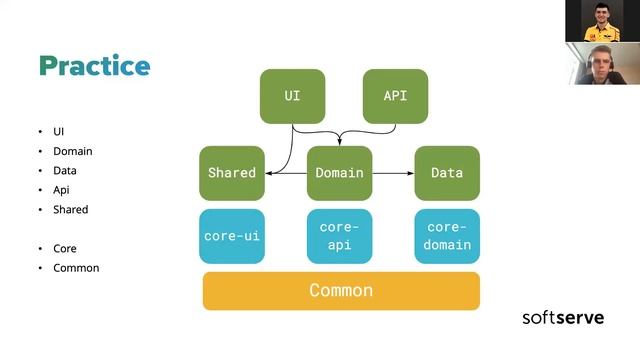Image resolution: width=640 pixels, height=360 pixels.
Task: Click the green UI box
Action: [292, 96]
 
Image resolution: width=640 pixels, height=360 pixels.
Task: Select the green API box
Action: [395, 96]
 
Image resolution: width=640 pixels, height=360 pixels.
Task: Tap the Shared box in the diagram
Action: [232, 173]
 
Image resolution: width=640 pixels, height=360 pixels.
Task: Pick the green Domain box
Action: [339, 173]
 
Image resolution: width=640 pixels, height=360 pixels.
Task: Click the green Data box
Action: [447, 173]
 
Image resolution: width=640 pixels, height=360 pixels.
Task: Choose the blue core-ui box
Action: [232, 236]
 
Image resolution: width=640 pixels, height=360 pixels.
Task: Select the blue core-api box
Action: [339, 236]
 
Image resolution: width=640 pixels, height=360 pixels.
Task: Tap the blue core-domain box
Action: [447, 236]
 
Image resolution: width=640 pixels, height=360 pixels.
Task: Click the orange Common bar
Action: [341, 291]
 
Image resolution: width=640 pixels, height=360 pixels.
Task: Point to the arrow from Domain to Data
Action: [393, 173]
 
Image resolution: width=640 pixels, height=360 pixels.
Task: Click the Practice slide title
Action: [94, 67]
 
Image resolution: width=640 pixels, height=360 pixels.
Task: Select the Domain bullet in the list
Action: [72, 151]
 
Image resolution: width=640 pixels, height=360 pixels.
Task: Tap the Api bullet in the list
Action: [62, 190]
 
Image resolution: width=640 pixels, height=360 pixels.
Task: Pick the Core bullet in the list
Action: [65, 248]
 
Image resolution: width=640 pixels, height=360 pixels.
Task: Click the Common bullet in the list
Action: [76, 267]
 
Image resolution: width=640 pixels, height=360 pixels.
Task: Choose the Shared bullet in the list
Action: [71, 210]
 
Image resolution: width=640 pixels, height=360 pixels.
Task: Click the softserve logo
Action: [562, 318]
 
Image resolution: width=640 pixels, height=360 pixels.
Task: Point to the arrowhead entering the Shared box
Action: [269, 173]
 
